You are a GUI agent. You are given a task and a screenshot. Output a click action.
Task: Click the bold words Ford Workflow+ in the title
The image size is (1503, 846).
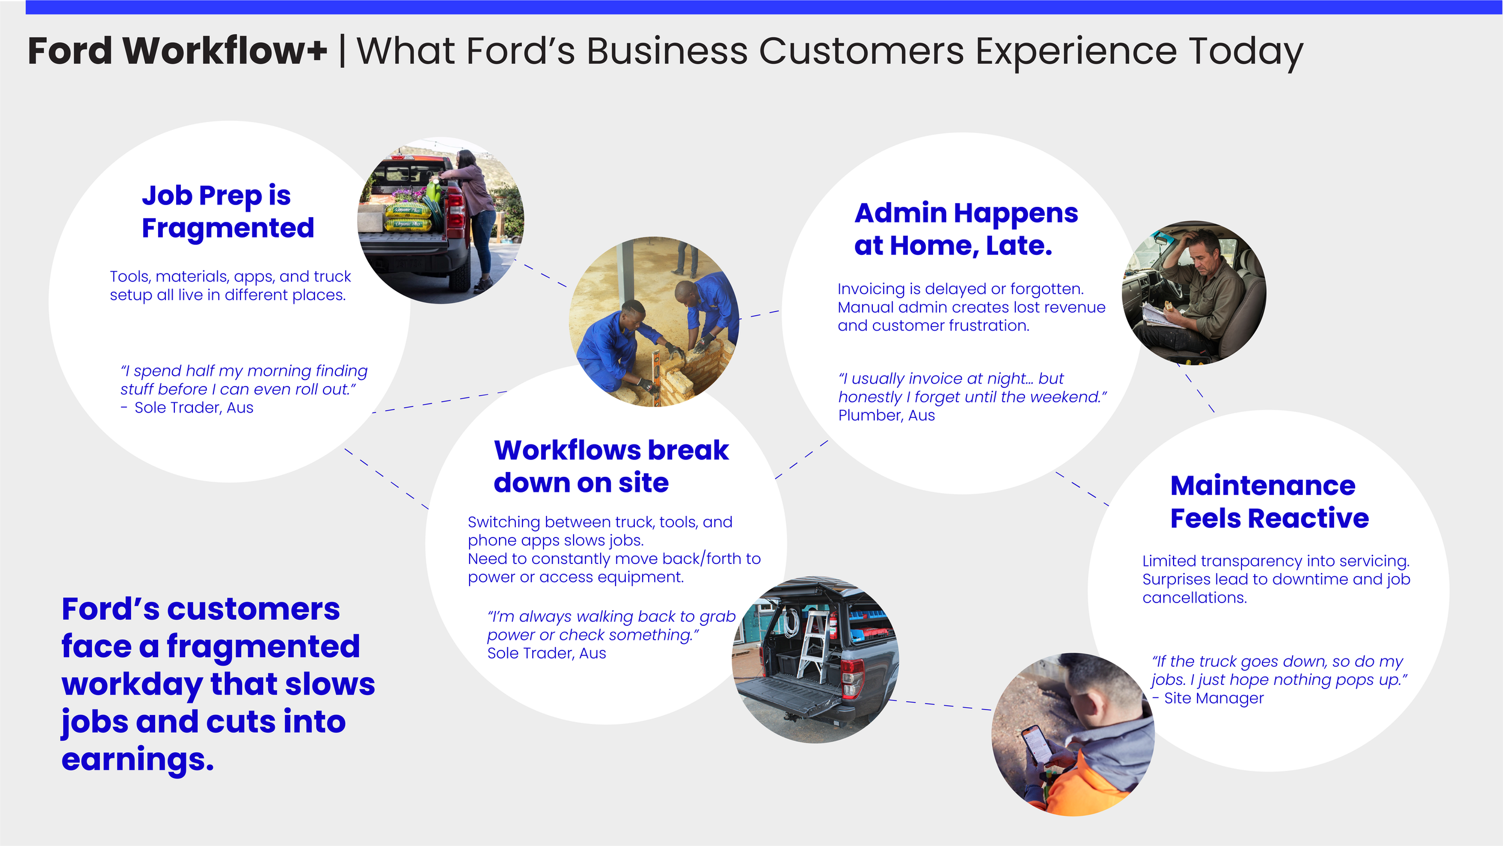pos(177,51)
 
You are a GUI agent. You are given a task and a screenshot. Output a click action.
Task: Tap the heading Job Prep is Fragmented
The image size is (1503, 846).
pos(227,212)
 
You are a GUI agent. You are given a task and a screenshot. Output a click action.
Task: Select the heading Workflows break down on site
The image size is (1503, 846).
pos(611,466)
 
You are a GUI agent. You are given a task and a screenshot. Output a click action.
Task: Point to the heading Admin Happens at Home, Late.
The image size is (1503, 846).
pos(966,229)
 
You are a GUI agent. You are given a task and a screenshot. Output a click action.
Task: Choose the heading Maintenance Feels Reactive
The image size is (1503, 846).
pos(1269,501)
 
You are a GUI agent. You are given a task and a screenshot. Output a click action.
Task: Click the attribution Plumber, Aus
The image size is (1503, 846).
pos(886,415)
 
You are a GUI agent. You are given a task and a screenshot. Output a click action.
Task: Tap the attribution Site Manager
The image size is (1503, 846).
pos(1213,698)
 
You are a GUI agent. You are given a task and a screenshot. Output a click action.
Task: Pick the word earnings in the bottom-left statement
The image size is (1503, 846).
pos(137,759)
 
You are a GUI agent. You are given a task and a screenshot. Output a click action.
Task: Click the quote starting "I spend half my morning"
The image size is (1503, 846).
pos(243,380)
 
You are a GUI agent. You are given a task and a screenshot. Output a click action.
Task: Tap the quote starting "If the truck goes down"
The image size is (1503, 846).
pos(1279,670)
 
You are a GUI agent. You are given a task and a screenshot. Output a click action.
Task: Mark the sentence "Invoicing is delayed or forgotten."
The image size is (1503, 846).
pos(960,289)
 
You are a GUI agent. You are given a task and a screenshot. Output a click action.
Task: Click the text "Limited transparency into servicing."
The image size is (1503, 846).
pos(1275,561)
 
